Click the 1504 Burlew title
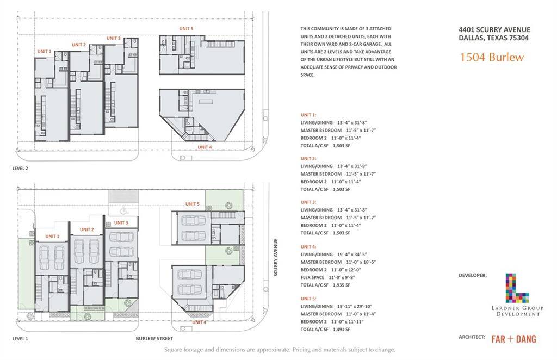click(x=492, y=57)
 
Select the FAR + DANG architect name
click(x=513, y=339)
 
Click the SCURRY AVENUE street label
click(x=276, y=257)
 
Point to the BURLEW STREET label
click(x=154, y=339)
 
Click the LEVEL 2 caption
click(x=20, y=168)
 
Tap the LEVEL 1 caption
click(x=20, y=339)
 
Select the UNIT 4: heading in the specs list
click(x=308, y=246)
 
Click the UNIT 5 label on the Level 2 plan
click(x=186, y=28)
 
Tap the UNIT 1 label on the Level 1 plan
click(x=52, y=236)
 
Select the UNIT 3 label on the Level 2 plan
click(x=113, y=38)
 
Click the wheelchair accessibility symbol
click(x=123, y=211)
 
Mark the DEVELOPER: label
click(x=473, y=275)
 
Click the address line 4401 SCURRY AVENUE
click(x=494, y=30)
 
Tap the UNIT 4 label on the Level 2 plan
click(x=205, y=147)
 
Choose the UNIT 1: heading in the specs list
click(x=308, y=115)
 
